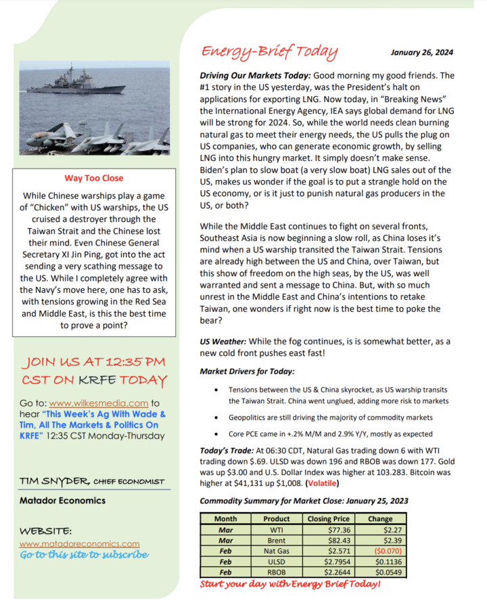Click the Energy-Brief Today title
[269, 52]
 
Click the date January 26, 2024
[422, 53]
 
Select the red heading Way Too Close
[94, 178]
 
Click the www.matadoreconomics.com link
[80, 543]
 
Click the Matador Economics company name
[62, 501]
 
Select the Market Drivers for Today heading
[247, 371]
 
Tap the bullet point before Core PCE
[215, 434]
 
